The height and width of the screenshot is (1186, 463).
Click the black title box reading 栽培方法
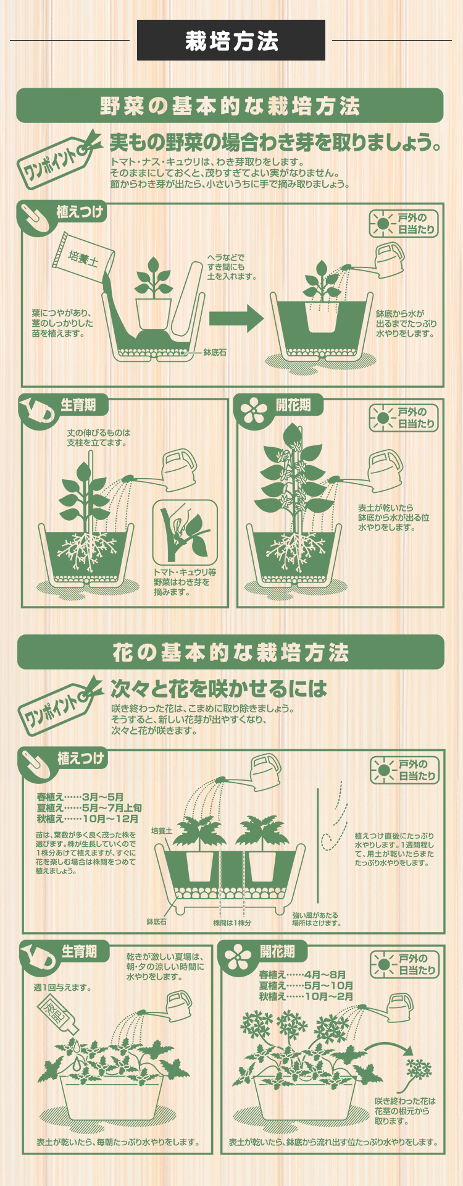pos(231,40)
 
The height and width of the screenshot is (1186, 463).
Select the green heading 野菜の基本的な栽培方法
pos(230,106)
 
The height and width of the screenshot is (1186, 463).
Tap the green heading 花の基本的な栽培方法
pos(230,652)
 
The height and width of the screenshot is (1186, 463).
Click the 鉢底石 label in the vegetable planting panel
pos(214,352)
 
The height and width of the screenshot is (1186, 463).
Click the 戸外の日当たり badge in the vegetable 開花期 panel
pos(404,418)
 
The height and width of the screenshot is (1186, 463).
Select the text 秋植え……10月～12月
pos(88,818)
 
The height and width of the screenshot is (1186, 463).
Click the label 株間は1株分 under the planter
pos(232,923)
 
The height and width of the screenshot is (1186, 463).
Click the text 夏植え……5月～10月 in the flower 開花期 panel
pos(306,985)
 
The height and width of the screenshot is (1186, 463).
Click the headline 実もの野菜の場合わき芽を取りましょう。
pos(275,143)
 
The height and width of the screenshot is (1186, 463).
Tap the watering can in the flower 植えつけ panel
pos(264,771)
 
